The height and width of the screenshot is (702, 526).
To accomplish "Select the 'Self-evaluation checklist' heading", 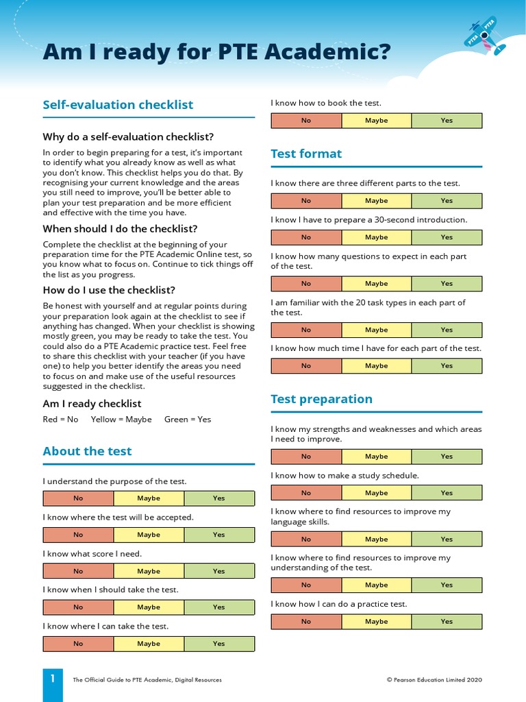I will [x=118, y=105].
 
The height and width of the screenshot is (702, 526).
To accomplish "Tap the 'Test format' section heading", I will [x=306, y=154].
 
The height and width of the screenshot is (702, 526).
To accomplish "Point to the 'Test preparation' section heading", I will [x=321, y=399].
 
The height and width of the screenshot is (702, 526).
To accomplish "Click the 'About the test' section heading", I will [x=87, y=451].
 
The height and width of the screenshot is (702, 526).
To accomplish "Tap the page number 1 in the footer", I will [x=52, y=679].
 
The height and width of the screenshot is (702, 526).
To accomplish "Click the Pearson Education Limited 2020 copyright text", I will [x=434, y=679].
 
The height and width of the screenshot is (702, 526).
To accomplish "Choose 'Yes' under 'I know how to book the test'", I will [x=447, y=121].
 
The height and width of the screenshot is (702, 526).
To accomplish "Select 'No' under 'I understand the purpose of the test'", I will [x=78, y=498].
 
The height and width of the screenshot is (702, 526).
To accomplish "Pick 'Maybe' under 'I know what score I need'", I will [x=149, y=571].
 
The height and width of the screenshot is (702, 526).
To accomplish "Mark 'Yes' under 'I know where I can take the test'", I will [x=218, y=644].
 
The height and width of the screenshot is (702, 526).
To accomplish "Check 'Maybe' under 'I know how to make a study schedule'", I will [x=376, y=493].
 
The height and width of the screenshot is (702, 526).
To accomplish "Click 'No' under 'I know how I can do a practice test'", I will [x=306, y=622].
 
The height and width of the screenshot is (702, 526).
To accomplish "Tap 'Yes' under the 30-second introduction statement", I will [x=447, y=237].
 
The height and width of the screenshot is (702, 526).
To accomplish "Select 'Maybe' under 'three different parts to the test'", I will [x=376, y=201].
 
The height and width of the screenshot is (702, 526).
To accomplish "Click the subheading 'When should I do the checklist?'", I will [x=120, y=229].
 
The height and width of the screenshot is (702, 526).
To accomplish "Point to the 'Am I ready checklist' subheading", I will [x=92, y=403].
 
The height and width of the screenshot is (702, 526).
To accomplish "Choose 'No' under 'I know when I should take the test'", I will [x=78, y=607].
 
